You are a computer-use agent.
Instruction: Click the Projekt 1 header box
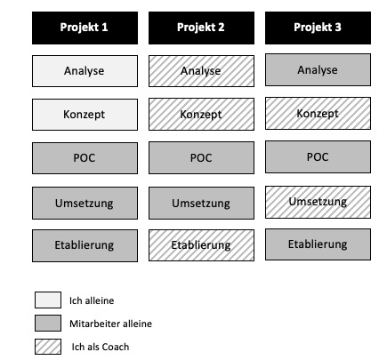coord(85,28)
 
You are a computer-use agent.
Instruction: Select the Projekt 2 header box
coord(201,28)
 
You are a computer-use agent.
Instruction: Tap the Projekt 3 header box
coord(318,28)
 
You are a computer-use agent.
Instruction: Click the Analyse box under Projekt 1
coord(85,71)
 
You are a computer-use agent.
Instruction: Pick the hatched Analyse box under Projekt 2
coord(201,71)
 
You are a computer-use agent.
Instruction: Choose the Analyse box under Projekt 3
coord(318,70)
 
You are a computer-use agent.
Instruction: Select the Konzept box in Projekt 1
coord(85,115)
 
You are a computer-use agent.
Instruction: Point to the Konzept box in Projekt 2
coord(201,114)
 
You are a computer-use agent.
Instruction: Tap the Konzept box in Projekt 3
coord(318,113)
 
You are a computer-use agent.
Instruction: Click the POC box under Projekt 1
coord(85,158)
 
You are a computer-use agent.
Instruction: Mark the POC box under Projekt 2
coord(201,157)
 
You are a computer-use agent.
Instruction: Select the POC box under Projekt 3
coord(318,156)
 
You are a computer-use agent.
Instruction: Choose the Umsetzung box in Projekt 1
coord(85,203)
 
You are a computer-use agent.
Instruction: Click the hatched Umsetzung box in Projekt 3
coord(318,202)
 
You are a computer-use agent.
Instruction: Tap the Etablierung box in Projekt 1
coord(85,245)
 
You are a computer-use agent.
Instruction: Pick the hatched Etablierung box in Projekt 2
coord(201,245)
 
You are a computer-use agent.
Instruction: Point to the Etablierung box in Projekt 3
coord(318,244)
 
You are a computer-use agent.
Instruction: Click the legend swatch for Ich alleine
coord(48,300)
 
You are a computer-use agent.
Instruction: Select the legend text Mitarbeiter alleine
coord(110,324)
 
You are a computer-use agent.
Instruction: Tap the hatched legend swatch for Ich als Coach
coord(48,347)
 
